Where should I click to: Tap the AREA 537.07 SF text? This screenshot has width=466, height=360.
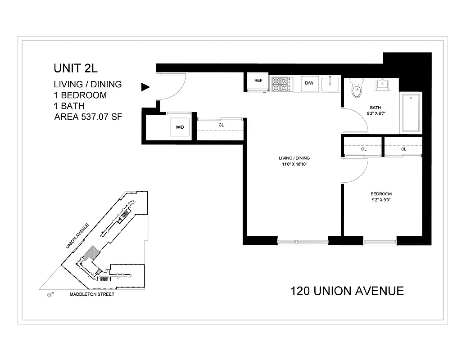[x=88, y=117]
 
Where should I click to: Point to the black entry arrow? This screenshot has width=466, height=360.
[x=145, y=87]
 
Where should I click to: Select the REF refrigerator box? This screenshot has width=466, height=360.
[x=258, y=81]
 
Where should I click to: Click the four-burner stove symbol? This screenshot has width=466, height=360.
[x=281, y=84]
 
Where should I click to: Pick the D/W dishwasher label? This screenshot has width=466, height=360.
[x=309, y=83]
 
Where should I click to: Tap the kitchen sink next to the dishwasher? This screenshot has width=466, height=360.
[x=330, y=84]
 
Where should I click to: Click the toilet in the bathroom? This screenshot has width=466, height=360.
[x=357, y=89]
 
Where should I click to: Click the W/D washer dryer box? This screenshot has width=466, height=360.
[x=180, y=127]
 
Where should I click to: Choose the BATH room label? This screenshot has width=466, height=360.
[x=375, y=108]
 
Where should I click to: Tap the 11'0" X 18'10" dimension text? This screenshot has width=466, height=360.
[x=294, y=164]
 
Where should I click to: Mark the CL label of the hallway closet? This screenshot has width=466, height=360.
[x=221, y=125]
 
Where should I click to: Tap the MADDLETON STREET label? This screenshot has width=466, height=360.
[x=92, y=294]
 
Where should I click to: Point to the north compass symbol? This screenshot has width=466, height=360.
[x=50, y=295]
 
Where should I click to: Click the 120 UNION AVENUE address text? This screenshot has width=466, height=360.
[x=347, y=291]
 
